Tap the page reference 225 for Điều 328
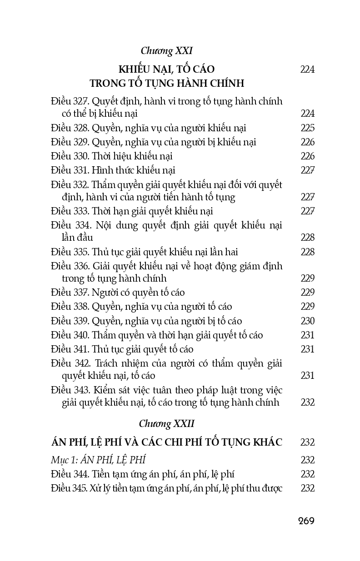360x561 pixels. click(308, 128)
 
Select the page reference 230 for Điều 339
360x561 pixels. click(308, 321)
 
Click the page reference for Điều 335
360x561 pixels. click(308, 252)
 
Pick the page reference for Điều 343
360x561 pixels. click(308, 402)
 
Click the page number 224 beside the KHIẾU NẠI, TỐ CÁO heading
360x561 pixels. click(308, 70)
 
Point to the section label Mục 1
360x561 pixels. click(63, 460)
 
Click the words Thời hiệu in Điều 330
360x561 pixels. click(109, 156)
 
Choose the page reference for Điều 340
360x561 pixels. click(308, 335)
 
